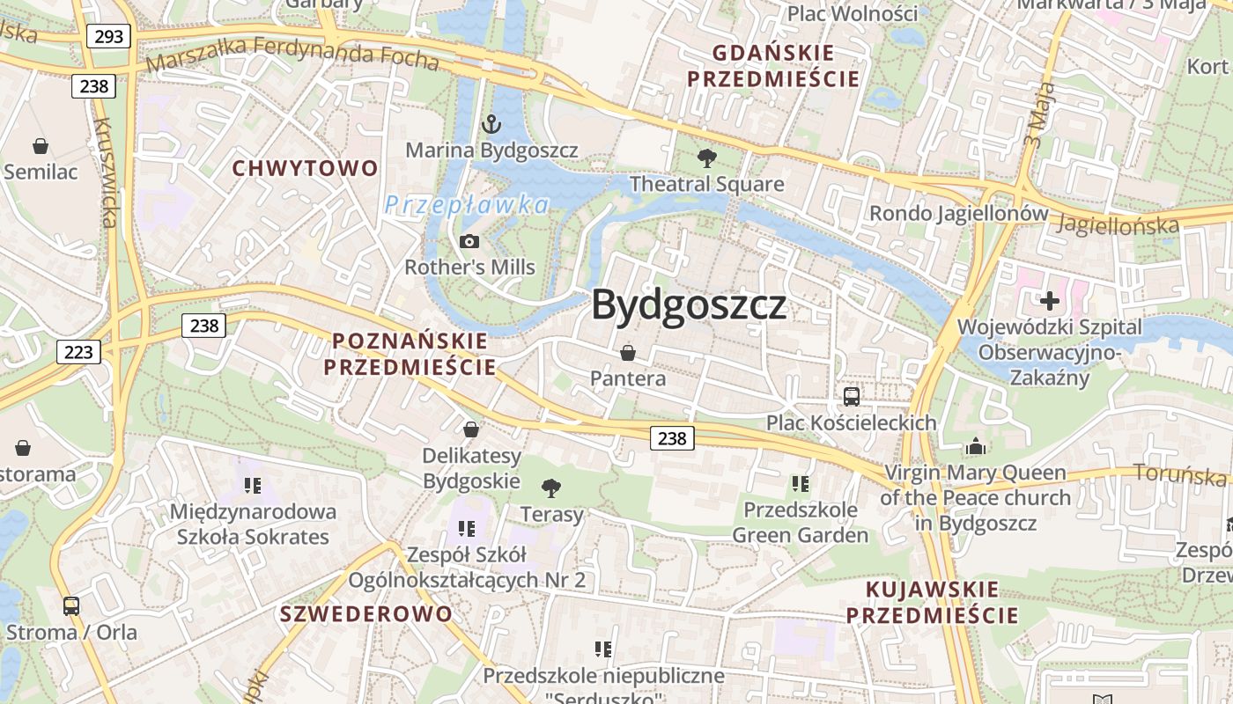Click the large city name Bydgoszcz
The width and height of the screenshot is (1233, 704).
tap(689, 305)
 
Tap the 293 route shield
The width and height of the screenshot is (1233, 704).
tap(108, 36)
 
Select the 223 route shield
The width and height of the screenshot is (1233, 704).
tap(78, 352)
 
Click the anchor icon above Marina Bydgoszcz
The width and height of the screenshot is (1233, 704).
tap(491, 124)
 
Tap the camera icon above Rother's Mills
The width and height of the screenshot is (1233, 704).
tap(469, 241)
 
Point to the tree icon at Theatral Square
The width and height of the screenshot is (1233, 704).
tap(705, 158)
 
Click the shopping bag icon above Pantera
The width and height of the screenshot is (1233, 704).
tap(628, 353)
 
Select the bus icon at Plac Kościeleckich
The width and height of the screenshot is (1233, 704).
tap(851, 396)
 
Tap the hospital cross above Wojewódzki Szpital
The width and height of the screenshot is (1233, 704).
tap(1049, 301)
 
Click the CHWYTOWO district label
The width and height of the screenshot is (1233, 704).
tap(305, 168)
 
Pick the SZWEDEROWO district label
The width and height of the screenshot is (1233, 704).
tap(366, 613)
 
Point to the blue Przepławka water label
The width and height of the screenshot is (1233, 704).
tap(467, 205)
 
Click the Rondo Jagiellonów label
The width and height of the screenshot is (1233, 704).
tap(959, 213)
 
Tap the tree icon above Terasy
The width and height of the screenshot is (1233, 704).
tap(551, 488)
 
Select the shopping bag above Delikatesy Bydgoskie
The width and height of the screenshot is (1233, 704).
tap(471, 429)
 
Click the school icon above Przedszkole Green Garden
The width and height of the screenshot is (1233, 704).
tap(800, 483)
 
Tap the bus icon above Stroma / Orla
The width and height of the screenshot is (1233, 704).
tap(71, 605)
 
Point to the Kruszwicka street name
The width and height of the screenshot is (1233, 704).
tap(104, 172)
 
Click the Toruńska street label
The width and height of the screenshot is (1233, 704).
tap(1180, 474)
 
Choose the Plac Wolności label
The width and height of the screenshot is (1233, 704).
tap(852, 13)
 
